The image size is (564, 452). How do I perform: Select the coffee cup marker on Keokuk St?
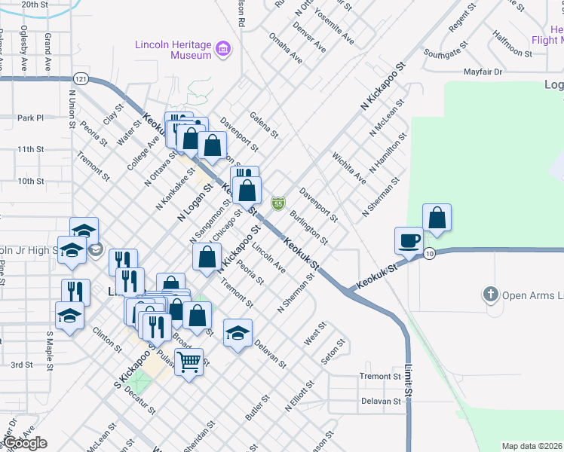pyautogui.click(x=409, y=240)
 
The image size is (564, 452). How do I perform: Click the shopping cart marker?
pyautogui.click(x=189, y=362)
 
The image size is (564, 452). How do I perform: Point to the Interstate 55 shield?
pyautogui.click(x=278, y=203)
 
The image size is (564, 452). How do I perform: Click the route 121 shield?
pyautogui.click(x=81, y=78)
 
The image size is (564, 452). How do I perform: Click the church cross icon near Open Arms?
pyautogui.click(x=491, y=295)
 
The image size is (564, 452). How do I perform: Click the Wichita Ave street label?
pyautogui.click(x=349, y=168)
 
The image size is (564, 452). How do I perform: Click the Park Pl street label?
pyautogui.click(x=31, y=118)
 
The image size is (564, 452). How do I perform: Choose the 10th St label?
pyautogui.click(x=31, y=182)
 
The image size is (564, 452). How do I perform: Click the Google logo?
pyautogui.click(x=25, y=443)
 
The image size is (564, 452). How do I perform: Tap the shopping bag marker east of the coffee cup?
pyautogui.click(x=437, y=218)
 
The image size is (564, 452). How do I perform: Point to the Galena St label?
pyautogui.click(x=264, y=125)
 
